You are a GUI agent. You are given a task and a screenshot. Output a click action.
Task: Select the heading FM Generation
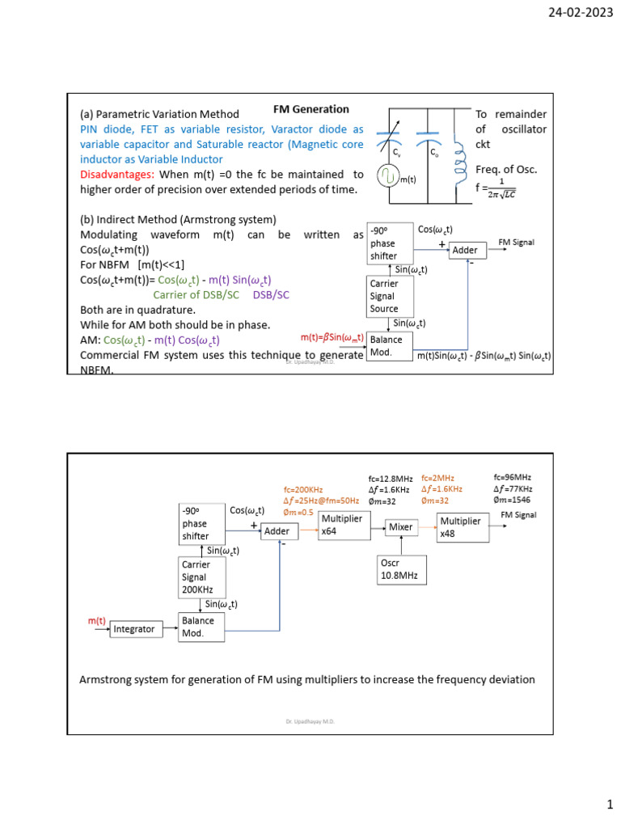310,109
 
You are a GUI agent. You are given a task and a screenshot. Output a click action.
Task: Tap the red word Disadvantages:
116,174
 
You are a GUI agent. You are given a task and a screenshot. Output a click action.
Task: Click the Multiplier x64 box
340,525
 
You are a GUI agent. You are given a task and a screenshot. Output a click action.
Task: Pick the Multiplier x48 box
459,527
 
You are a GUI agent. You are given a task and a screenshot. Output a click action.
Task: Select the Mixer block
401,527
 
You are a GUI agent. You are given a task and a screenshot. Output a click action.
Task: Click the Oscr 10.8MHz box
402,569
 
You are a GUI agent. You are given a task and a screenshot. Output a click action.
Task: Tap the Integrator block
133,628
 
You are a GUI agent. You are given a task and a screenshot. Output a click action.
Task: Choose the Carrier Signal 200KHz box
201,577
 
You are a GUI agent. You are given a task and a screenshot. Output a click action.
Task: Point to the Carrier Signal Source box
391,296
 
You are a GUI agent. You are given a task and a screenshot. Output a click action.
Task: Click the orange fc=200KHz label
303,490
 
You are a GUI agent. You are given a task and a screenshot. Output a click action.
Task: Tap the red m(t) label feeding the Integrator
97,620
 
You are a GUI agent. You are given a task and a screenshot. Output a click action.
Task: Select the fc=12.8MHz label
391,479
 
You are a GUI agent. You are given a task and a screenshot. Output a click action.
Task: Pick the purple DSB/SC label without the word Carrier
271,295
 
